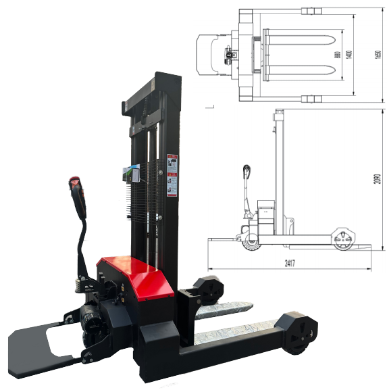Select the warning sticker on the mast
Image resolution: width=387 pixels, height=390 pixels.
tap(172, 175)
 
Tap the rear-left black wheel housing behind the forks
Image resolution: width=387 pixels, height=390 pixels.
tap(209, 289)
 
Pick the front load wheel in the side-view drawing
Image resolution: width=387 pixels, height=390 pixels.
tap(345, 239)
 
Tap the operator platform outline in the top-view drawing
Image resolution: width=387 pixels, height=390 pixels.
tap(209, 55)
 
